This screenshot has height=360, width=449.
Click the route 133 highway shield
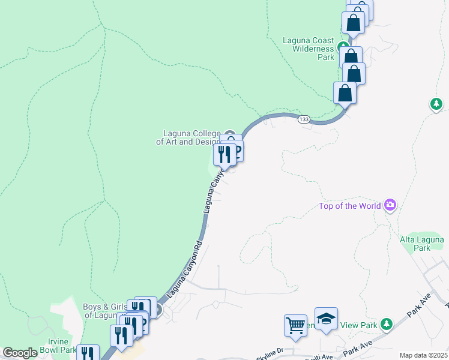click(x=304, y=119)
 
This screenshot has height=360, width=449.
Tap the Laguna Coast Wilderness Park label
click(x=308, y=49)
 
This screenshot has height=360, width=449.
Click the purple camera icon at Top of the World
click(x=391, y=205)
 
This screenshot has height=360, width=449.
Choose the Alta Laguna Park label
click(x=423, y=244)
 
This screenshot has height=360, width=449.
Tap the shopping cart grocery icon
click(x=295, y=325)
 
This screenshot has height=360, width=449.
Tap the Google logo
click(x=20, y=353)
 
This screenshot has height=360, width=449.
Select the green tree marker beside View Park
click(x=387, y=324)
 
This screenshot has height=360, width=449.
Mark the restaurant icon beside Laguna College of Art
click(x=224, y=155)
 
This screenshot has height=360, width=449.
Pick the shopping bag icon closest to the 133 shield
click(x=345, y=93)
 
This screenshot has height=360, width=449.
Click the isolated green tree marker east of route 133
click(x=436, y=104)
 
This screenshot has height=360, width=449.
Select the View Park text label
click(x=360, y=325)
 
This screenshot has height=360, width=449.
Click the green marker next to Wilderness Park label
click(x=343, y=46)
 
